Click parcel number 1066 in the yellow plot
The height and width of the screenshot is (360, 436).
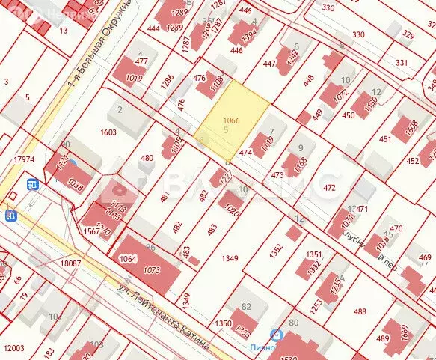pos(232,120)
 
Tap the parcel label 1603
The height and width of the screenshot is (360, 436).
pos(108,132)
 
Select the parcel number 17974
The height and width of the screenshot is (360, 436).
pos(23,159)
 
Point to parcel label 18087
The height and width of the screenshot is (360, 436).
pos(70,263)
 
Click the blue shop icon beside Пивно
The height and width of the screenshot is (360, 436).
pos(276,335)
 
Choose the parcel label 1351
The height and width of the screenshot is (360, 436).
pos(313,254)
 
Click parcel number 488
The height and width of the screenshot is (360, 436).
pos(360,311)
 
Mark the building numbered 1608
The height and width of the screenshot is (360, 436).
pos(411,128)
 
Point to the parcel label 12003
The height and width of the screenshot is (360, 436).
pos(13,348)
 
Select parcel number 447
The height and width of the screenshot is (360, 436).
pos(269,64)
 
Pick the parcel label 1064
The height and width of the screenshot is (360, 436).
pos(129,259)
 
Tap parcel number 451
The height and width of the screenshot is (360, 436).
pos(385,138)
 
